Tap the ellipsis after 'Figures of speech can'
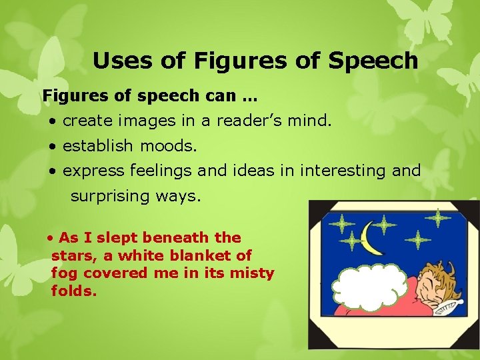tap(250, 96)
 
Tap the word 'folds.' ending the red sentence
tap(74, 291)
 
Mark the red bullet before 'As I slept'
tap(51, 238)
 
